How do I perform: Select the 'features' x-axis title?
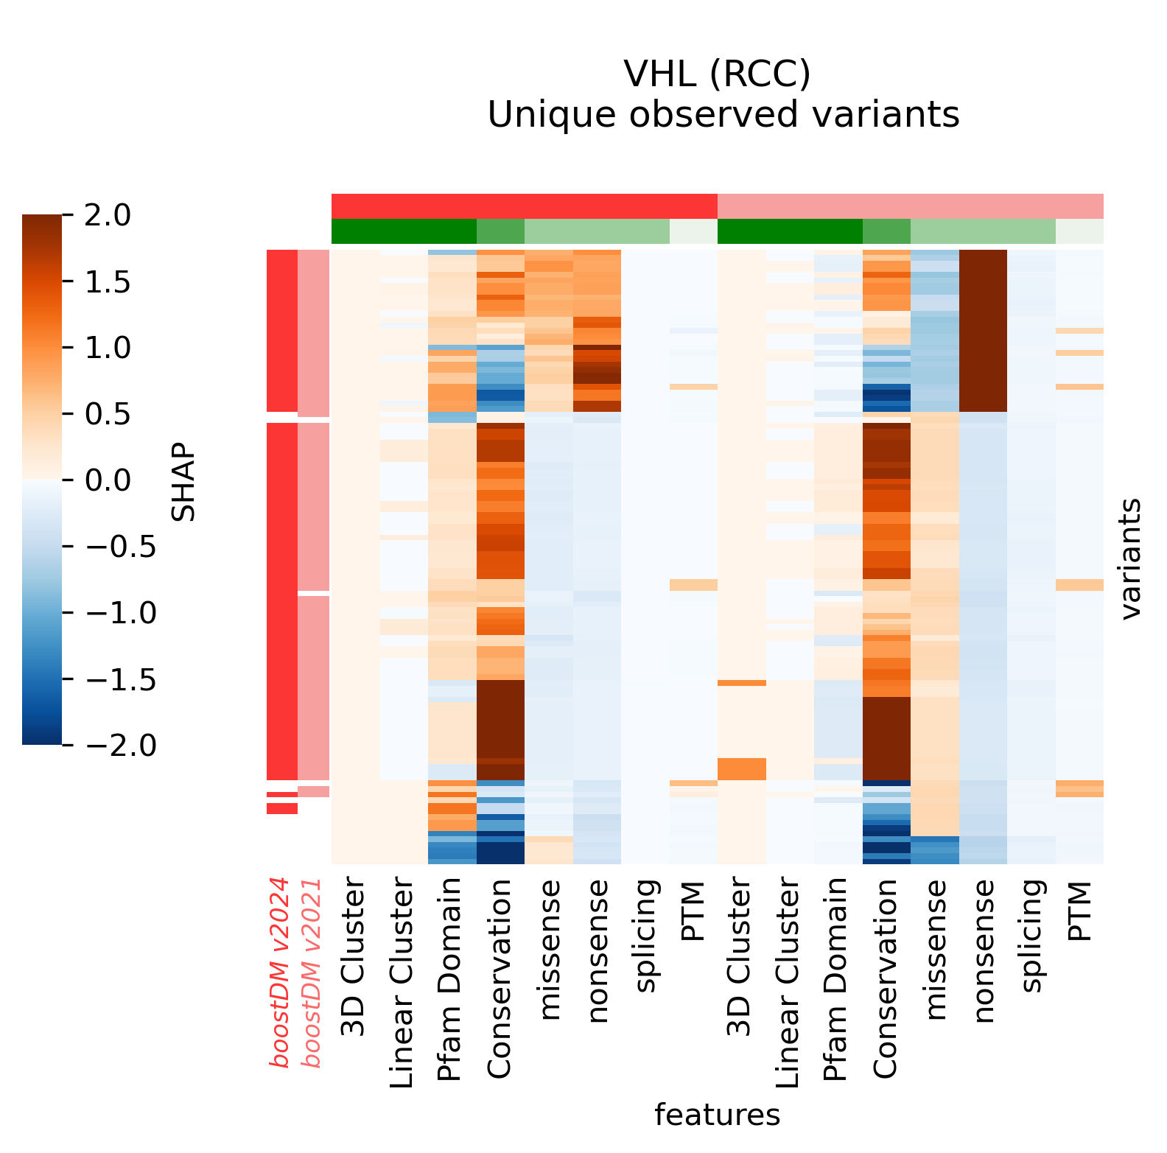717,1115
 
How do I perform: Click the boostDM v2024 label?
280,972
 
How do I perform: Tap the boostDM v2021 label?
312,972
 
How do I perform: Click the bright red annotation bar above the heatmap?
524,206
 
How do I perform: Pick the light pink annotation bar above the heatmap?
910,206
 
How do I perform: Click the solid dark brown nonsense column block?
983,330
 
